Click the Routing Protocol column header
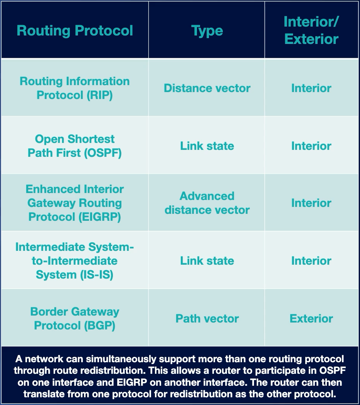pyautogui.click(x=75, y=30)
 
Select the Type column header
pyautogui.click(x=207, y=30)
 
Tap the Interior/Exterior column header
pyautogui.click(x=311, y=30)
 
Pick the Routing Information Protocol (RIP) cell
pyautogui.click(x=75, y=88)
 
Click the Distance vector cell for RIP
pyautogui.click(x=207, y=88)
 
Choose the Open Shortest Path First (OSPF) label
pyautogui.click(x=75, y=146)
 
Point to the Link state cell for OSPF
pyautogui.click(x=207, y=146)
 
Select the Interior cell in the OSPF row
pyautogui.click(x=311, y=146)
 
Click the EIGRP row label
pyautogui.click(x=75, y=203)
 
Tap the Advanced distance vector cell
pyautogui.click(x=207, y=203)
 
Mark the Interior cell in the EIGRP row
pyautogui.click(x=311, y=203)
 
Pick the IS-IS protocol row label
pyautogui.click(x=75, y=260)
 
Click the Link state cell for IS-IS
pyautogui.click(x=207, y=260)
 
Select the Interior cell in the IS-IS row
pyautogui.click(x=311, y=260)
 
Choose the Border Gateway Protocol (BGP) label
pyautogui.click(x=75, y=318)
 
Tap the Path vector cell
pyautogui.click(x=207, y=318)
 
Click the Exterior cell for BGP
pyautogui.click(x=311, y=318)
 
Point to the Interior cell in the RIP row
pyautogui.click(x=311, y=88)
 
